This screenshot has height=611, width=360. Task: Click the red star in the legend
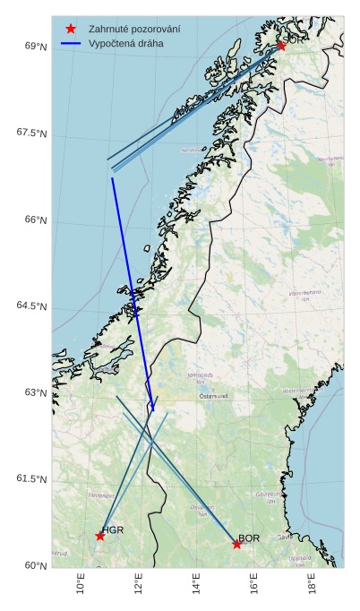tap(71, 29)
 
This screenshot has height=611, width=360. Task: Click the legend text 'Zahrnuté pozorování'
tap(133, 29)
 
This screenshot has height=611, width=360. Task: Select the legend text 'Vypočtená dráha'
tap(125, 42)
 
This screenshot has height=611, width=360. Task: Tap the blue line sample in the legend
tap(71, 42)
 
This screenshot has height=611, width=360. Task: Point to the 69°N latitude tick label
tap(36, 47)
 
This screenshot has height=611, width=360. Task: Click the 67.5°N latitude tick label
tap(32, 133)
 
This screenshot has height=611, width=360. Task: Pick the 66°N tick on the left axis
tap(36, 220)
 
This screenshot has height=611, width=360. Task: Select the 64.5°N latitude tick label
tap(32, 306)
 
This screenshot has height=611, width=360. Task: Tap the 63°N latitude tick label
tap(36, 392)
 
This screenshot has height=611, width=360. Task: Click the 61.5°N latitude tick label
tap(32, 479)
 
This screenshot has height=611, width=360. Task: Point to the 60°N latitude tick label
tap(36, 565)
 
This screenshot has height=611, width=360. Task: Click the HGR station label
tap(113, 530)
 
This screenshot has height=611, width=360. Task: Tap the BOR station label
tap(249, 538)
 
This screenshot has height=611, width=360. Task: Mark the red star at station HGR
tap(100, 536)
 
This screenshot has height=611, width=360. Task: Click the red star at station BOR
tap(236, 544)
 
